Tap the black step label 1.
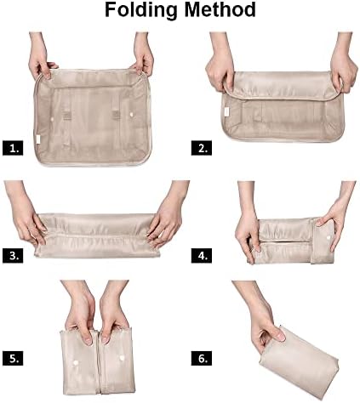(12, 147)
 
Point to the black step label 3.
(12, 255)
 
